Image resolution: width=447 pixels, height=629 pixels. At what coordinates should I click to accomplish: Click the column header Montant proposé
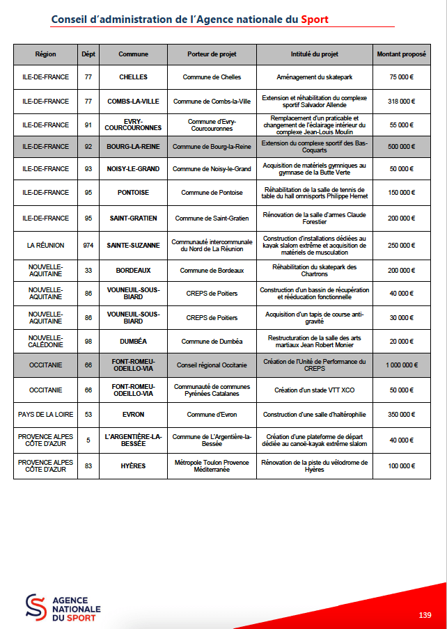tap(401, 54)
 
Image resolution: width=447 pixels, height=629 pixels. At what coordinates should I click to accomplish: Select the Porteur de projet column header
tap(212, 54)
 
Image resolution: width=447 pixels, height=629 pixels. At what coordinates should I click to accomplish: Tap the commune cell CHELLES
tap(133, 77)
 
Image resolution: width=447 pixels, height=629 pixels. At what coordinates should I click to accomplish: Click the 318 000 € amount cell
tap(401, 101)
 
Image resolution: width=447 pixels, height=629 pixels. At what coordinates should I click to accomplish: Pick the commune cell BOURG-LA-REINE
tap(133, 147)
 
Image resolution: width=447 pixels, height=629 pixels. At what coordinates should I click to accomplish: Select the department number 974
tap(88, 245)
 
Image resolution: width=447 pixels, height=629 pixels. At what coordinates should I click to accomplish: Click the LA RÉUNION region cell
tap(45, 245)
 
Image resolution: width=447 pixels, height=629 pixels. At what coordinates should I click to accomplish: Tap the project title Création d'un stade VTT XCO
tap(314, 390)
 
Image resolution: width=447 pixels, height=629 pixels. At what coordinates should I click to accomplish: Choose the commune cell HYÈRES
tap(133, 465)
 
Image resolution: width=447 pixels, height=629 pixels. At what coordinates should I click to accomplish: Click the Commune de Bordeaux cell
tap(212, 270)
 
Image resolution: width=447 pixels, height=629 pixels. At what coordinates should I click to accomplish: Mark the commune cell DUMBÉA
tap(133, 341)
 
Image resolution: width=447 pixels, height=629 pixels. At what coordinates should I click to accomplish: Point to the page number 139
tap(425, 615)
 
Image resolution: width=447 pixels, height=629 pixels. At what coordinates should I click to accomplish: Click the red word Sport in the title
tap(315, 19)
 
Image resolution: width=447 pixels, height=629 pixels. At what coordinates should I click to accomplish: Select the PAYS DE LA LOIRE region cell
tap(45, 415)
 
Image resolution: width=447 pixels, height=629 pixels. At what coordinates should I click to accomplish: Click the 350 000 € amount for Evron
tap(401, 415)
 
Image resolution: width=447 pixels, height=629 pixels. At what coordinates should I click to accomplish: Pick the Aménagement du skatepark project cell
tap(314, 77)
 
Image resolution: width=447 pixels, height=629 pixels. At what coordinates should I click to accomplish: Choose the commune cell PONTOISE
tap(133, 192)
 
